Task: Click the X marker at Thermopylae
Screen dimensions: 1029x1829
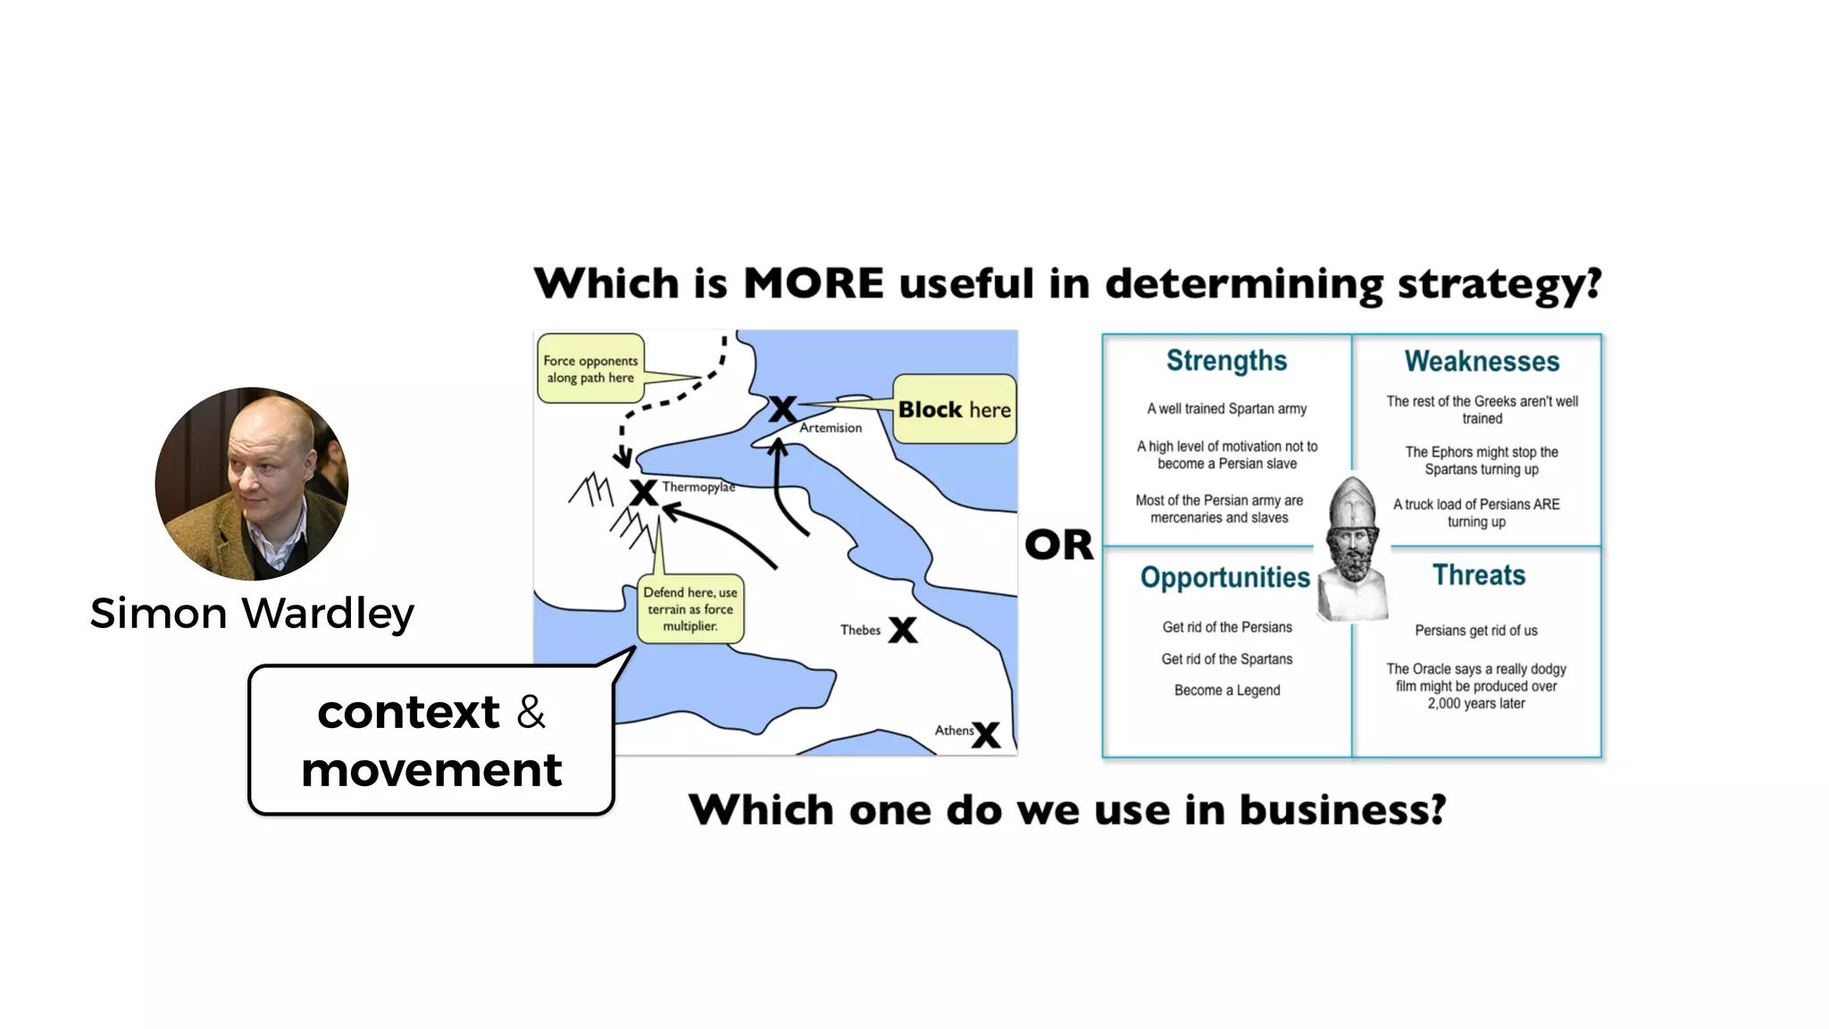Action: click(643, 492)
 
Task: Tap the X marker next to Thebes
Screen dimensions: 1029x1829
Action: click(902, 630)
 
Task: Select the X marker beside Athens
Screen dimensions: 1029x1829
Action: click(986, 734)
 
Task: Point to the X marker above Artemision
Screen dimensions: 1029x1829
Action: click(782, 409)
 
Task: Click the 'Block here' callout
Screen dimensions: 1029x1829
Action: click(954, 409)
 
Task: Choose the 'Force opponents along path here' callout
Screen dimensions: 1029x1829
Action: click(590, 369)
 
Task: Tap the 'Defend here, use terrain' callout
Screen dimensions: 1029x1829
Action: click(690, 609)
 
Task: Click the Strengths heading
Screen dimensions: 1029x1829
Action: click(1226, 361)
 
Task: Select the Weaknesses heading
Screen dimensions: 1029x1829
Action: click(1482, 362)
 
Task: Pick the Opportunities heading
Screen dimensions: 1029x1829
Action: click(1224, 578)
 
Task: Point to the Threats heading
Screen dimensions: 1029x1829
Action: click(1479, 575)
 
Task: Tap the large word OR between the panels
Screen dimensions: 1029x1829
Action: click(1058, 545)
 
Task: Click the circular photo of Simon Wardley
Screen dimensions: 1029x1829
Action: click(252, 483)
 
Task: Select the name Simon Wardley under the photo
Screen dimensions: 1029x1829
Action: click(252, 614)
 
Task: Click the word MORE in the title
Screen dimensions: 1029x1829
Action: click(814, 284)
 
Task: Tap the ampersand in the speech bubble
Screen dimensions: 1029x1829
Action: click(531, 712)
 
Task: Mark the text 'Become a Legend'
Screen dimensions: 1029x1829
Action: click(1227, 690)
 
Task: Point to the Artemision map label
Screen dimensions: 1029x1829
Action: click(831, 428)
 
